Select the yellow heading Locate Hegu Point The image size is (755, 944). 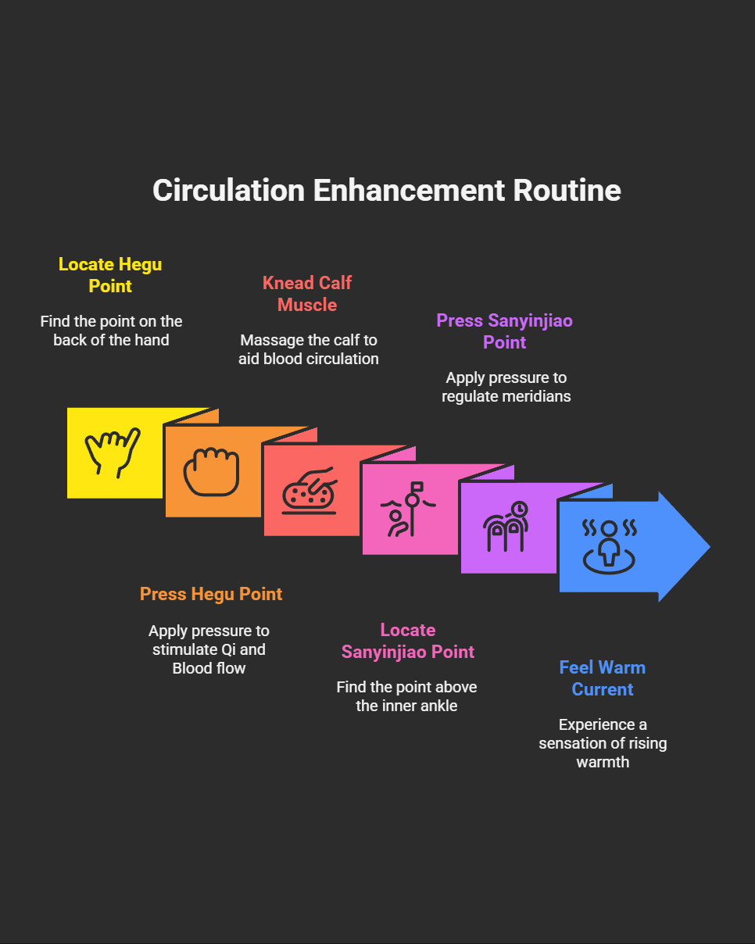(110, 275)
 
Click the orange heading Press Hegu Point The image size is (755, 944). (211, 594)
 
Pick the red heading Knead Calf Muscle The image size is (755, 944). (307, 294)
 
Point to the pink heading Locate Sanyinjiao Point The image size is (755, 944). (408, 641)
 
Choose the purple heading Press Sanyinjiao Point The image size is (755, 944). (505, 331)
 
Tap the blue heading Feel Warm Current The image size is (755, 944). (603, 678)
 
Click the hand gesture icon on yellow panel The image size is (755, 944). (113, 452)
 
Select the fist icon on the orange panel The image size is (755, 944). (211, 470)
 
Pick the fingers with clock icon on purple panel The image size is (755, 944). (506, 527)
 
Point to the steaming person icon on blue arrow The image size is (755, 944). (609, 545)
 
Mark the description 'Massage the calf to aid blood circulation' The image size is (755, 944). (309, 350)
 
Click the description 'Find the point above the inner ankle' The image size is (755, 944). (406, 696)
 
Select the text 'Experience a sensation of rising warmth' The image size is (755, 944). (603, 743)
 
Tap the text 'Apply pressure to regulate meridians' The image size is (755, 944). (506, 387)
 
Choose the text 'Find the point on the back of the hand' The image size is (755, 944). (111, 331)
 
